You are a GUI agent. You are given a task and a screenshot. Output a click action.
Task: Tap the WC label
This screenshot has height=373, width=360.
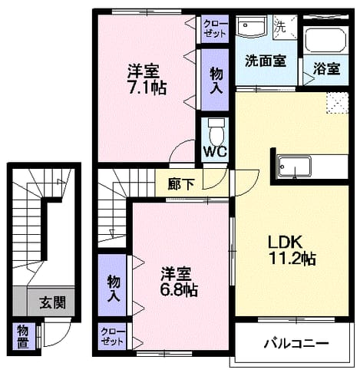pyautogui.click(x=215, y=152)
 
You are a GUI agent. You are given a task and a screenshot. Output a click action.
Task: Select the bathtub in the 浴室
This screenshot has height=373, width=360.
pyautogui.click(x=325, y=40)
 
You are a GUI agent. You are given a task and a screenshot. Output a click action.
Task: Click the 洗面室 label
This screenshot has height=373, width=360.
pyautogui.click(x=266, y=61)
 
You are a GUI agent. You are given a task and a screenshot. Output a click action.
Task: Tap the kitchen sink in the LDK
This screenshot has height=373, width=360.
pyautogui.click(x=295, y=167)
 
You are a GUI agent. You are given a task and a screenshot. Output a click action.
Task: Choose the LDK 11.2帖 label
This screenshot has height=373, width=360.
pyautogui.click(x=292, y=250)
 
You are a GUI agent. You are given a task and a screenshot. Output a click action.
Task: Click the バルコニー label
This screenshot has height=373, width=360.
pyautogui.click(x=296, y=343)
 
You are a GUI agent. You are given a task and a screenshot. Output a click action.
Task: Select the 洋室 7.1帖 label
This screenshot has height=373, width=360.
pyautogui.click(x=147, y=80)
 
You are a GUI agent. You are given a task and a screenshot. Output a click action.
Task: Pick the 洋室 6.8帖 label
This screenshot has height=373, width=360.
pyautogui.click(x=179, y=282)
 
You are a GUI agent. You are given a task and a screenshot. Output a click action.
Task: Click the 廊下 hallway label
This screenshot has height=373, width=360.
pyautogui.click(x=181, y=184)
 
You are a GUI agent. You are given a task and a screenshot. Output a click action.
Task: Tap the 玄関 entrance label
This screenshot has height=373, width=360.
pyautogui.click(x=53, y=302)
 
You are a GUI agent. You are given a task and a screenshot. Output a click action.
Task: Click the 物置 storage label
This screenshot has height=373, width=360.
pyautogui.click(x=23, y=338)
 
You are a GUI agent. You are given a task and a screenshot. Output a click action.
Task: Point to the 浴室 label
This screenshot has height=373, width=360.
pyautogui.click(x=326, y=68)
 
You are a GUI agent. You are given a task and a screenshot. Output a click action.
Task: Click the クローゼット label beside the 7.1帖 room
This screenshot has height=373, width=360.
pyautogui.click(x=215, y=28)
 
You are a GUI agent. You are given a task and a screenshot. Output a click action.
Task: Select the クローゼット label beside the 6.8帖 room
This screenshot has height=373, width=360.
pyautogui.click(x=112, y=336)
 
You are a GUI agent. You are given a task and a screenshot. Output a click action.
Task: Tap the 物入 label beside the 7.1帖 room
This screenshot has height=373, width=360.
pyautogui.click(x=216, y=81)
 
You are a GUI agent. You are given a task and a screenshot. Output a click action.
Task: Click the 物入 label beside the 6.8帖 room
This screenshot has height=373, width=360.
pyautogui.click(x=114, y=289)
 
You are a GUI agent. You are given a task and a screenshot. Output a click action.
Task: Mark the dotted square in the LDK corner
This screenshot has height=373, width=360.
pyautogui.click(x=338, y=103)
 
